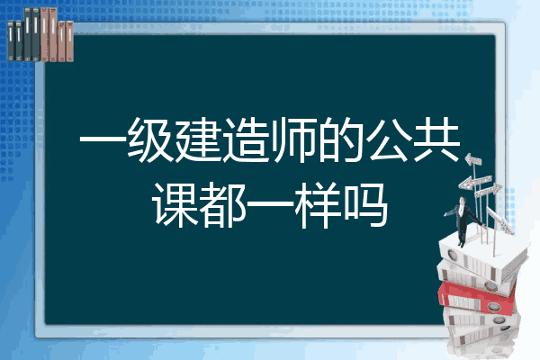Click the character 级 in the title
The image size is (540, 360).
pyautogui.click(x=150, y=139)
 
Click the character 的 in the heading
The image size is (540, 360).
pyautogui.click(x=341, y=139)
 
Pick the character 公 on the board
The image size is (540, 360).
pyautogui.click(x=389, y=139)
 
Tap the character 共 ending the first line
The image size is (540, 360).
pyautogui.click(x=436, y=139)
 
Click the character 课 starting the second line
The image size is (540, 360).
pyautogui.click(x=175, y=204)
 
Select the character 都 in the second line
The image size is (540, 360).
pyautogui.click(x=222, y=204)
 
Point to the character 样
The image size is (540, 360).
pyautogui.click(x=318, y=204)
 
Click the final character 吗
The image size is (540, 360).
pyautogui.click(x=365, y=204)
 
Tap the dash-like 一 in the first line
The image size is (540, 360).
pyautogui.click(x=103, y=140)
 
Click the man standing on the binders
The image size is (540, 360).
pyautogui.click(x=463, y=220)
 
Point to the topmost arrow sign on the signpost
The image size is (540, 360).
pyautogui.click(x=473, y=160)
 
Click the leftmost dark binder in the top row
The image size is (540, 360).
pyautogui.click(x=11, y=40)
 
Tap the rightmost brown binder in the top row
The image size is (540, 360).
pyautogui.click(x=69, y=41)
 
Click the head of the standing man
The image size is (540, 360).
pyautogui.click(x=463, y=200)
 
